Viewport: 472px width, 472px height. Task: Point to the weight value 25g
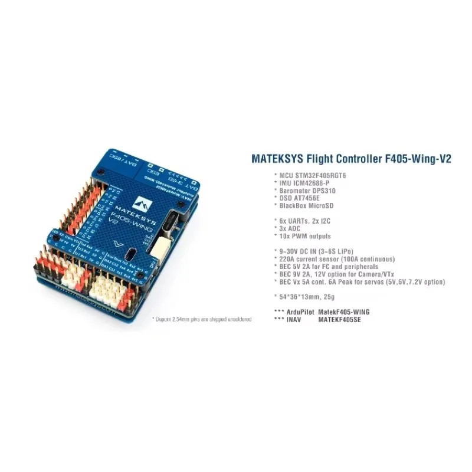[x=336, y=296]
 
